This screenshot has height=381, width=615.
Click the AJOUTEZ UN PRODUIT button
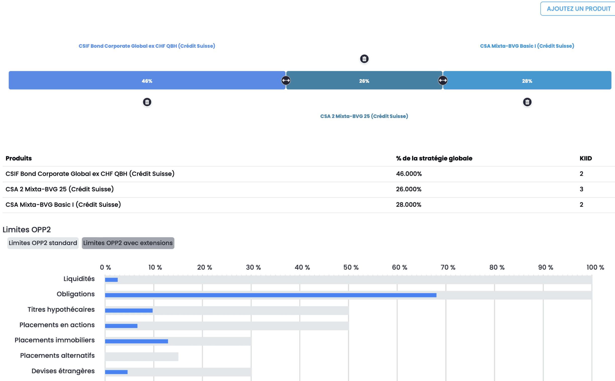click(x=578, y=9)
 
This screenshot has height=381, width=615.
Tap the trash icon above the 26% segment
click(x=364, y=59)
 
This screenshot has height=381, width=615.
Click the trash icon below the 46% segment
click(x=147, y=102)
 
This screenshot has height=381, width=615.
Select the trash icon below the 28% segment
click(x=527, y=102)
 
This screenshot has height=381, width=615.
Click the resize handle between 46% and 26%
click(x=286, y=80)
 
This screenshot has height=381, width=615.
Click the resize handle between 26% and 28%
click(x=443, y=80)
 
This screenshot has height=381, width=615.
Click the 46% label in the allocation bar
click(x=147, y=81)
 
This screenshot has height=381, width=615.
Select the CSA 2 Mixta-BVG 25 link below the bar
click(x=364, y=116)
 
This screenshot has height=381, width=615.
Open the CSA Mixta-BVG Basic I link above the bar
click(x=527, y=46)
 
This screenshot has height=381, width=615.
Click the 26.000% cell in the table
click(x=408, y=189)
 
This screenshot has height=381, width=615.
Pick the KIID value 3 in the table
click(x=581, y=189)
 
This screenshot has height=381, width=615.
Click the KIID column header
click(x=586, y=158)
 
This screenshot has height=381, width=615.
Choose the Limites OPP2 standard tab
click(x=43, y=243)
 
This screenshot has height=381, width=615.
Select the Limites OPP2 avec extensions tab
click(x=128, y=243)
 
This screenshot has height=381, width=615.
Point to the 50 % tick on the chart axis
click(x=351, y=267)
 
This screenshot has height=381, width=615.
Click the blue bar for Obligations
click(x=271, y=295)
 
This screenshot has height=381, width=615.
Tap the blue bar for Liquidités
click(x=111, y=280)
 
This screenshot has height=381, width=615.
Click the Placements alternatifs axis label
click(x=58, y=356)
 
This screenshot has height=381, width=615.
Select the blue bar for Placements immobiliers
click(x=136, y=341)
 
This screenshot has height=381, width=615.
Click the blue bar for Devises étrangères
click(x=116, y=372)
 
